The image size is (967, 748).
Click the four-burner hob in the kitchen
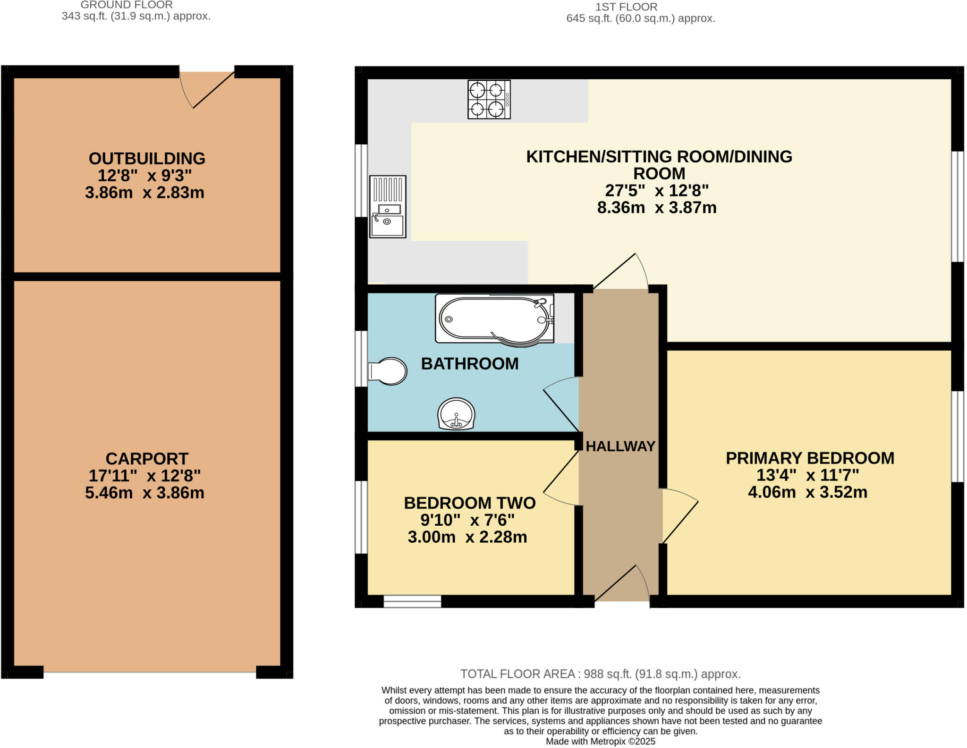[489, 99]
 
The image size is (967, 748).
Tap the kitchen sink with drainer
[388, 207]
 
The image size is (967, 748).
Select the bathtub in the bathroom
[494, 319]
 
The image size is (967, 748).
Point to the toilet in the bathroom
[387, 371]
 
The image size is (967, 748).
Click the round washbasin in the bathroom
[456, 414]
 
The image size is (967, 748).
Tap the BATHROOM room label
[470, 364]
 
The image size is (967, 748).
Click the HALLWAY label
[620, 446]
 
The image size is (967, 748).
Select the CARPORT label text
[147, 459]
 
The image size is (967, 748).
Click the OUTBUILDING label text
[147, 159]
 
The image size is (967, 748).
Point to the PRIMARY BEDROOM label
[810, 458]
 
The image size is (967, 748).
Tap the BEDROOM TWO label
[470, 503]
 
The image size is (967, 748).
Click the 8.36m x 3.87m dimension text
[657, 208]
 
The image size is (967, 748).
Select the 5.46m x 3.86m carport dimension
[144, 493]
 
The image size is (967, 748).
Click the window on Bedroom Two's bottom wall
[412, 601]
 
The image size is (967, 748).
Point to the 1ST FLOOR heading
[626, 7]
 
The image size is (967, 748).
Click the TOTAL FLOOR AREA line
[601, 674]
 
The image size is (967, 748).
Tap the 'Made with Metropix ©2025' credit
[601, 741]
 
